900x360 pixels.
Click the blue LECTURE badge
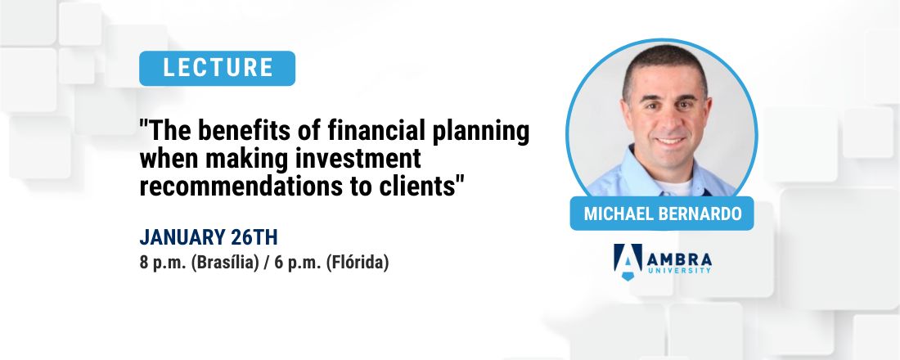tap(218, 68)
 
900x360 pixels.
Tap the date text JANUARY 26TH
tap(209, 238)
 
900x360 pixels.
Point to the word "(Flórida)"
tap(359, 263)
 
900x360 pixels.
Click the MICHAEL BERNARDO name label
tap(661, 214)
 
